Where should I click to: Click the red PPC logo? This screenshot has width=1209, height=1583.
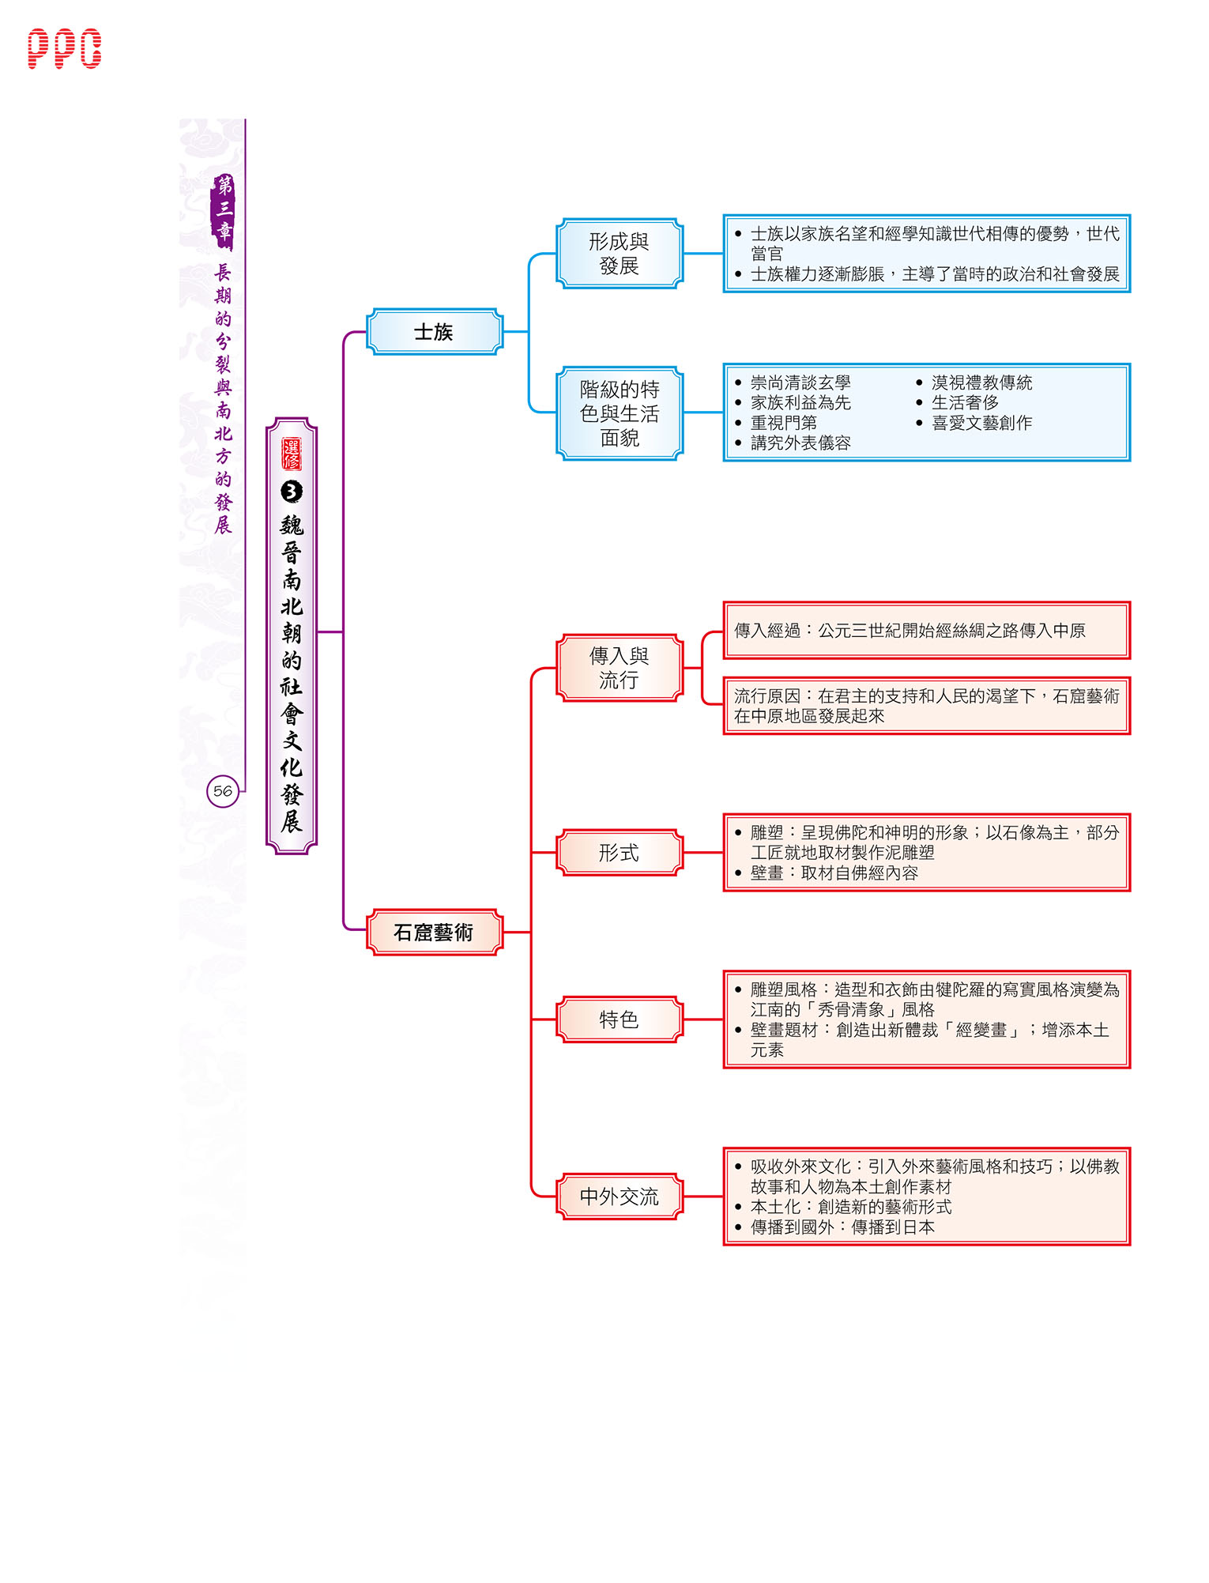pos(65,49)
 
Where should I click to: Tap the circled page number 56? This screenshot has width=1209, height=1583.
pos(223,791)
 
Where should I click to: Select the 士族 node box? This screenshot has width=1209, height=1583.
pos(435,332)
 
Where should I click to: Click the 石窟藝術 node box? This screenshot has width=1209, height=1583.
pos(435,933)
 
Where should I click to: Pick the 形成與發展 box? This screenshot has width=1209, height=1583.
pos(620,254)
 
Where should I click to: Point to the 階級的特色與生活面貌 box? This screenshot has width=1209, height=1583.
pos(620,413)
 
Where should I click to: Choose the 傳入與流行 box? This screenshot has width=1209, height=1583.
pos(620,668)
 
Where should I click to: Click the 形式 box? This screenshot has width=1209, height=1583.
pos(620,853)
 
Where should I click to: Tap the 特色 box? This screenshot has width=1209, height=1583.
pos(620,1020)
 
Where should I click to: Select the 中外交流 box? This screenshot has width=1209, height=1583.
pos(620,1197)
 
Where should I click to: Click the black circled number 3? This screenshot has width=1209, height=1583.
pos(292,492)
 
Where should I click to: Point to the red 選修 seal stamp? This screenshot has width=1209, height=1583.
pos(292,454)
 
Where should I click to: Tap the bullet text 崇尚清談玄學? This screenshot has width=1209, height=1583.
pos(800,383)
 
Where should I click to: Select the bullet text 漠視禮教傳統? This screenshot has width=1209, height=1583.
pos(982,383)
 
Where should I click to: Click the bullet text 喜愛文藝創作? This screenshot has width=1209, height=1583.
pos(982,424)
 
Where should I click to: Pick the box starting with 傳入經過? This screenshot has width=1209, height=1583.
pos(927,631)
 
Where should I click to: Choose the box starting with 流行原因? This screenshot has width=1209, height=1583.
pos(927,706)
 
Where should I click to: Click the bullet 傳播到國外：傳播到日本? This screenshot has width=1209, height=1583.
pos(842,1227)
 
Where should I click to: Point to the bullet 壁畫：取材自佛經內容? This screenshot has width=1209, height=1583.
pos(834,873)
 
